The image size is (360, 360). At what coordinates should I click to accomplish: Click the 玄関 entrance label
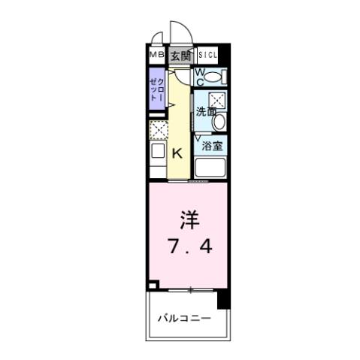(x=180, y=56)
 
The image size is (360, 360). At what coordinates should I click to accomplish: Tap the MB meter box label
(x=156, y=56)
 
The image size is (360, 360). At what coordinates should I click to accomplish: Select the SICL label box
(x=207, y=56)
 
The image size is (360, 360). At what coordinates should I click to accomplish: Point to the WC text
(x=200, y=76)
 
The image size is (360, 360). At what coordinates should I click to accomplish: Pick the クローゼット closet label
(x=157, y=89)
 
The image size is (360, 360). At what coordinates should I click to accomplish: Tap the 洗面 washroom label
(x=204, y=111)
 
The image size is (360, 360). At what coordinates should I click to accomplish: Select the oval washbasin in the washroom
(x=217, y=122)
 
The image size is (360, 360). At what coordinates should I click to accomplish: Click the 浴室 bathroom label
(x=211, y=147)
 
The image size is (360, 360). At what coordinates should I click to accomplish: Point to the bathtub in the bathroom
(x=213, y=168)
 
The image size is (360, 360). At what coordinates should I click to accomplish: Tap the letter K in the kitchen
(x=178, y=154)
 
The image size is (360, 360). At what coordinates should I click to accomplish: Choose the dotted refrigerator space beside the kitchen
(x=159, y=130)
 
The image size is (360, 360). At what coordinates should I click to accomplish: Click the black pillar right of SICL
(x=225, y=56)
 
